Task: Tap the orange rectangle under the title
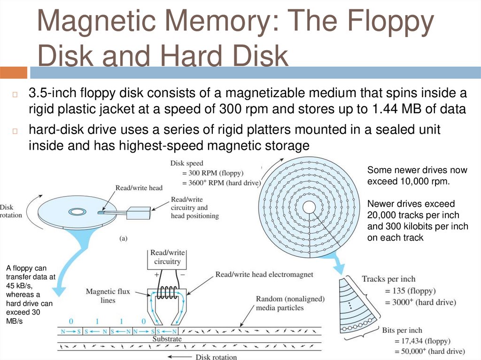pyautogui.click(x=13, y=72)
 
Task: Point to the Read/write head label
pyautogui.click(x=139, y=188)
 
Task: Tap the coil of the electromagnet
pyautogui.click(x=167, y=294)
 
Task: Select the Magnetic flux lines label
pyautogui.click(x=108, y=296)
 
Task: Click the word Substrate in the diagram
pyautogui.click(x=167, y=338)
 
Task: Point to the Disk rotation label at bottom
pyautogui.click(x=216, y=357)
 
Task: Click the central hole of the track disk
pyautogui.click(x=309, y=207)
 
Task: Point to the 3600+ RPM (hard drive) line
pyautogui.click(x=220, y=183)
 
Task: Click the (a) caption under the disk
pyautogui.click(x=123, y=238)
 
